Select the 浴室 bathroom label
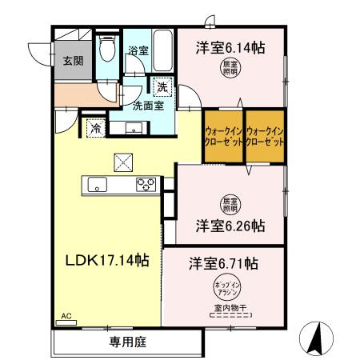click(x=138, y=50)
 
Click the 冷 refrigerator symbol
click(x=95, y=126)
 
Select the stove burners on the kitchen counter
click(x=146, y=185)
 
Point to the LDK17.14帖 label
click(x=107, y=259)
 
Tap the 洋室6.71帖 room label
click(x=224, y=262)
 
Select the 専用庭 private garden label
click(x=127, y=342)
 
